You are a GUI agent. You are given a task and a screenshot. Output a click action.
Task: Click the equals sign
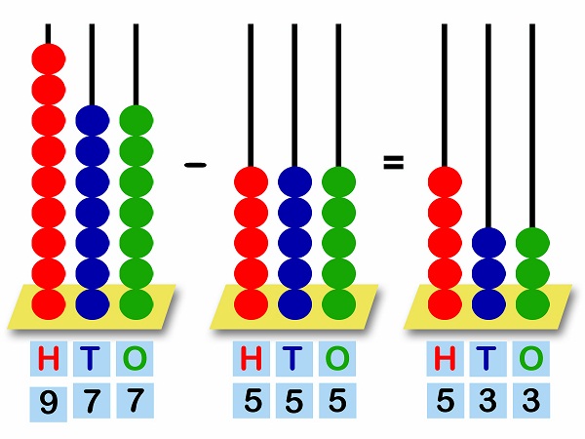click(x=393, y=163)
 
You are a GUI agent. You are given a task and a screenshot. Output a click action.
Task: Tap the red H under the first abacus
click(x=48, y=360)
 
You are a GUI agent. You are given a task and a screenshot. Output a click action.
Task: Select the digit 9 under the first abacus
click(x=48, y=401)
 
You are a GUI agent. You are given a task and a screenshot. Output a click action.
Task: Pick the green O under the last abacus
click(x=530, y=360)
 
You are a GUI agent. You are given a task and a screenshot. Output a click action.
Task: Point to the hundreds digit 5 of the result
click(x=445, y=400)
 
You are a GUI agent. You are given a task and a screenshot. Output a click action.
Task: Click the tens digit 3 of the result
click(x=487, y=400)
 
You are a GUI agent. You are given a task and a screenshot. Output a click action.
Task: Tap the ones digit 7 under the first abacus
click(x=136, y=400)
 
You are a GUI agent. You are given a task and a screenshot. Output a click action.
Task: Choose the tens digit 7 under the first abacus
click(x=92, y=400)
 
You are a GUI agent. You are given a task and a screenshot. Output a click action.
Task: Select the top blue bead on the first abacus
click(x=93, y=121)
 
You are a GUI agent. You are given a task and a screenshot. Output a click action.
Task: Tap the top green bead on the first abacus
click(x=136, y=121)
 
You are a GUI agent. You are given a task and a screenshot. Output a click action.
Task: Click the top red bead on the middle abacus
click(x=252, y=182)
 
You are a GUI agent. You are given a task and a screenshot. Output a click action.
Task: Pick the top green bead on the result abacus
click(x=532, y=243)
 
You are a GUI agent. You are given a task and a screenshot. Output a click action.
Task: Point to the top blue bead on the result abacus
click(x=487, y=243)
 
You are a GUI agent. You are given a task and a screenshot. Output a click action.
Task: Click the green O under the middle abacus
click(x=337, y=360)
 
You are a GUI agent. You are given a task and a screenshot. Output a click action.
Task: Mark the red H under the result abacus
click(x=445, y=360)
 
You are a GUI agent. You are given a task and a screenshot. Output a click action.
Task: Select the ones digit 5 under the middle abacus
click(x=337, y=400)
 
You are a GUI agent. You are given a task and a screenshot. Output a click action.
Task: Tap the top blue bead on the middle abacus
click(x=294, y=182)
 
